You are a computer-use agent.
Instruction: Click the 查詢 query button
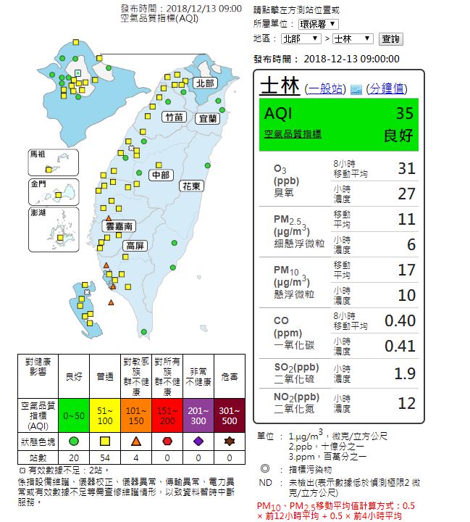pyautogui.click(x=390, y=38)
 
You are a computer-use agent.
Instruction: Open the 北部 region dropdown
pyautogui.click(x=301, y=38)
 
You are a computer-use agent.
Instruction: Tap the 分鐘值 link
pyautogui.click(x=387, y=88)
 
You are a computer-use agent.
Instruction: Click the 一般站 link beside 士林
pyautogui.click(x=325, y=88)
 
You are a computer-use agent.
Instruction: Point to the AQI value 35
pyautogui.click(x=404, y=114)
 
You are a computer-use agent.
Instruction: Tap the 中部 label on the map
pyautogui.click(x=160, y=175)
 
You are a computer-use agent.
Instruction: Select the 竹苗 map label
pyautogui.click(x=175, y=117)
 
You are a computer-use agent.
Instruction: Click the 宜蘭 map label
pyautogui.click(x=208, y=117)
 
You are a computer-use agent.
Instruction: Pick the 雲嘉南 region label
pyautogui.click(x=118, y=227)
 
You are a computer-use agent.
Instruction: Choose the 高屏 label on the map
pyautogui.click(x=135, y=246)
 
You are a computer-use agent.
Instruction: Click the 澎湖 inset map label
pyautogui.click(x=39, y=213)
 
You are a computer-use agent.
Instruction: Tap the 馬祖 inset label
pyautogui.click(x=37, y=154)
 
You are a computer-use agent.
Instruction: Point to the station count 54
pyautogui.click(x=104, y=458)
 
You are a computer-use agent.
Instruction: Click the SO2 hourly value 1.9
pyautogui.click(x=405, y=373)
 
